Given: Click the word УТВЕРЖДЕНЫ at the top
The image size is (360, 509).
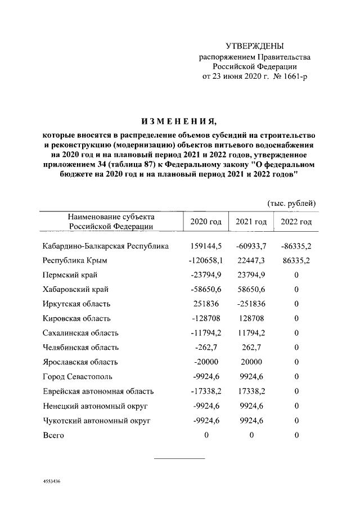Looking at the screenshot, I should pyautogui.click(x=255, y=46).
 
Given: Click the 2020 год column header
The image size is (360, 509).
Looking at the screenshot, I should pyautogui.click(x=206, y=222).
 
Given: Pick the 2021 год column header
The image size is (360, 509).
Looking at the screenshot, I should pyautogui.click(x=251, y=222).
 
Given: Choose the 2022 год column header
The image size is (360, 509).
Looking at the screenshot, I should pyautogui.click(x=296, y=222).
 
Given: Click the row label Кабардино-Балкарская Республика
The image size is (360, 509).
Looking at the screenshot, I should pyautogui.click(x=106, y=246).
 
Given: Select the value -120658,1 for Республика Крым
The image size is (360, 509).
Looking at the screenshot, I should pyautogui.click(x=206, y=260).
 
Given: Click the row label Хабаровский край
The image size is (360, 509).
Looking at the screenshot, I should pyautogui.click(x=76, y=289).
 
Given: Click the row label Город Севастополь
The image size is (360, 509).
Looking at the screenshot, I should pyautogui.click(x=78, y=377).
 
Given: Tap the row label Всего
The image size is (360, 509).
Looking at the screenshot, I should pyautogui.click(x=53, y=435).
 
